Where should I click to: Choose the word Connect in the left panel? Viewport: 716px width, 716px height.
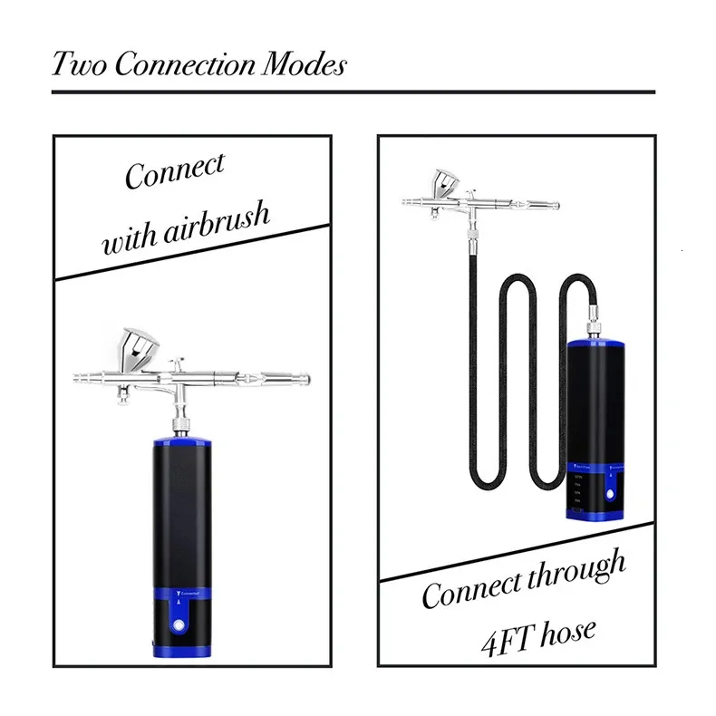[175, 172]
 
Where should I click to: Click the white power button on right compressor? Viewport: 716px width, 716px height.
[610, 496]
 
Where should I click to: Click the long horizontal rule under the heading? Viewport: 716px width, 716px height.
[353, 92]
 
